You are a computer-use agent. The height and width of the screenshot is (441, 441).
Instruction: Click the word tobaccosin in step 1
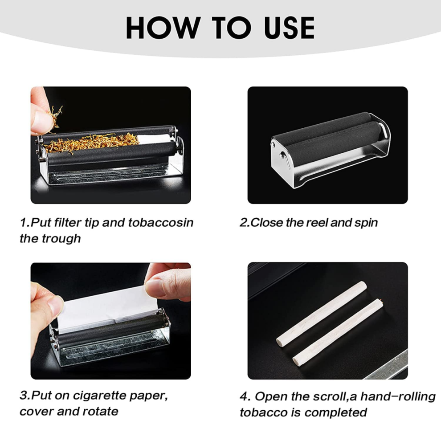pyautogui.click(x=161, y=222)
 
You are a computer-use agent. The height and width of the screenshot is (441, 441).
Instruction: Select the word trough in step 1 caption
pyautogui.click(x=61, y=239)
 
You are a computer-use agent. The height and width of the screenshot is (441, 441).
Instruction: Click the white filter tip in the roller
pyautogui.click(x=154, y=139)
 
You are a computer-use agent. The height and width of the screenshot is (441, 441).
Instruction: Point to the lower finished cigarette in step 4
pyautogui.click(x=338, y=332)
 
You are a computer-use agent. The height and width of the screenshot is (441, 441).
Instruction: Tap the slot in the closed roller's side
pyautogui.click(x=284, y=160)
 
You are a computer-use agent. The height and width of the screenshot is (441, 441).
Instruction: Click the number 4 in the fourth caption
pyautogui.click(x=244, y=397)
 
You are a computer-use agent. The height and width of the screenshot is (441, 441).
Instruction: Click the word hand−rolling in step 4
pyautogui.click(x=398, y=397)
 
